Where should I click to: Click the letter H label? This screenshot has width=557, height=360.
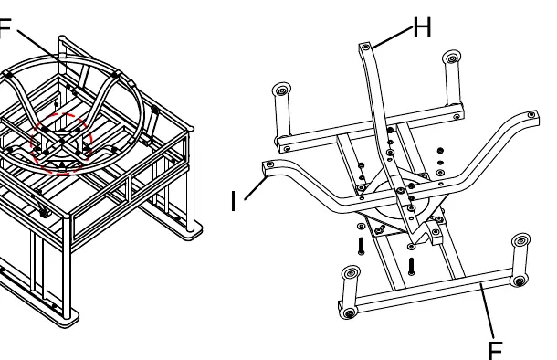423,27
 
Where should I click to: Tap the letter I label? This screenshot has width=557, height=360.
234,201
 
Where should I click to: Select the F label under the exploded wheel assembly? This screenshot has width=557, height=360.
496,350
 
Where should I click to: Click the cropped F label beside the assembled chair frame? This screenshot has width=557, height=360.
5,28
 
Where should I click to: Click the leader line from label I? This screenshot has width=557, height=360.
256,188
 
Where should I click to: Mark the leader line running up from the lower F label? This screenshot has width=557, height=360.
488,311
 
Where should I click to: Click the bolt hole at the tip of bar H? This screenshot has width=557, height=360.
365,47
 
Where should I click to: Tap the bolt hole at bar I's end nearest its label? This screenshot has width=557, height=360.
270,164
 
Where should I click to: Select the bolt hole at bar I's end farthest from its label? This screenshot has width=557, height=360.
531,114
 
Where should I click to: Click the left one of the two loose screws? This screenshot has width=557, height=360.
362,246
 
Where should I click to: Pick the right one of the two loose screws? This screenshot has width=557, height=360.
411,266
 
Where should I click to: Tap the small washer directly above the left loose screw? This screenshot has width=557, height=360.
362,226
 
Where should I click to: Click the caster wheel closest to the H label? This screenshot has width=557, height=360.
452,58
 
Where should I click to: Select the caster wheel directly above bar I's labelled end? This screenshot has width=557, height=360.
282,90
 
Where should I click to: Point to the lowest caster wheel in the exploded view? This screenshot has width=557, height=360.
350,313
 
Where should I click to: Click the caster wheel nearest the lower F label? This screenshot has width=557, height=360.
519,281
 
